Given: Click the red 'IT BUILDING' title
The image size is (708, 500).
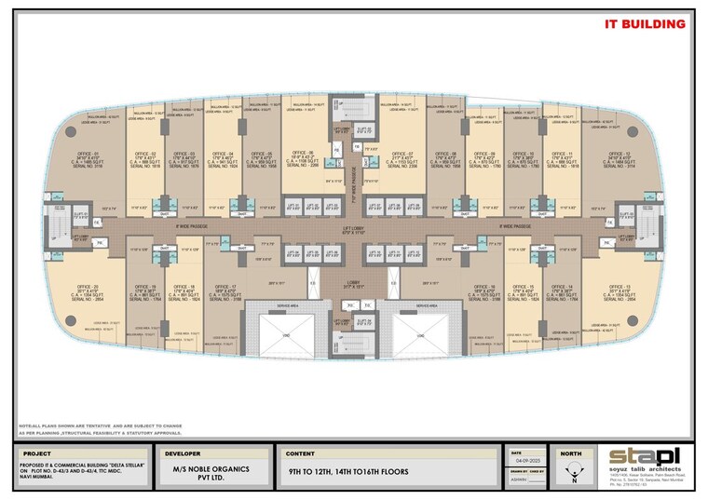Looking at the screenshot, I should coord(645,24).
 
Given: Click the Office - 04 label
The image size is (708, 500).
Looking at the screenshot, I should coord(224,159).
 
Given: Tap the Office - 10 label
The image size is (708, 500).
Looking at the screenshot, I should coord(523,159).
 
